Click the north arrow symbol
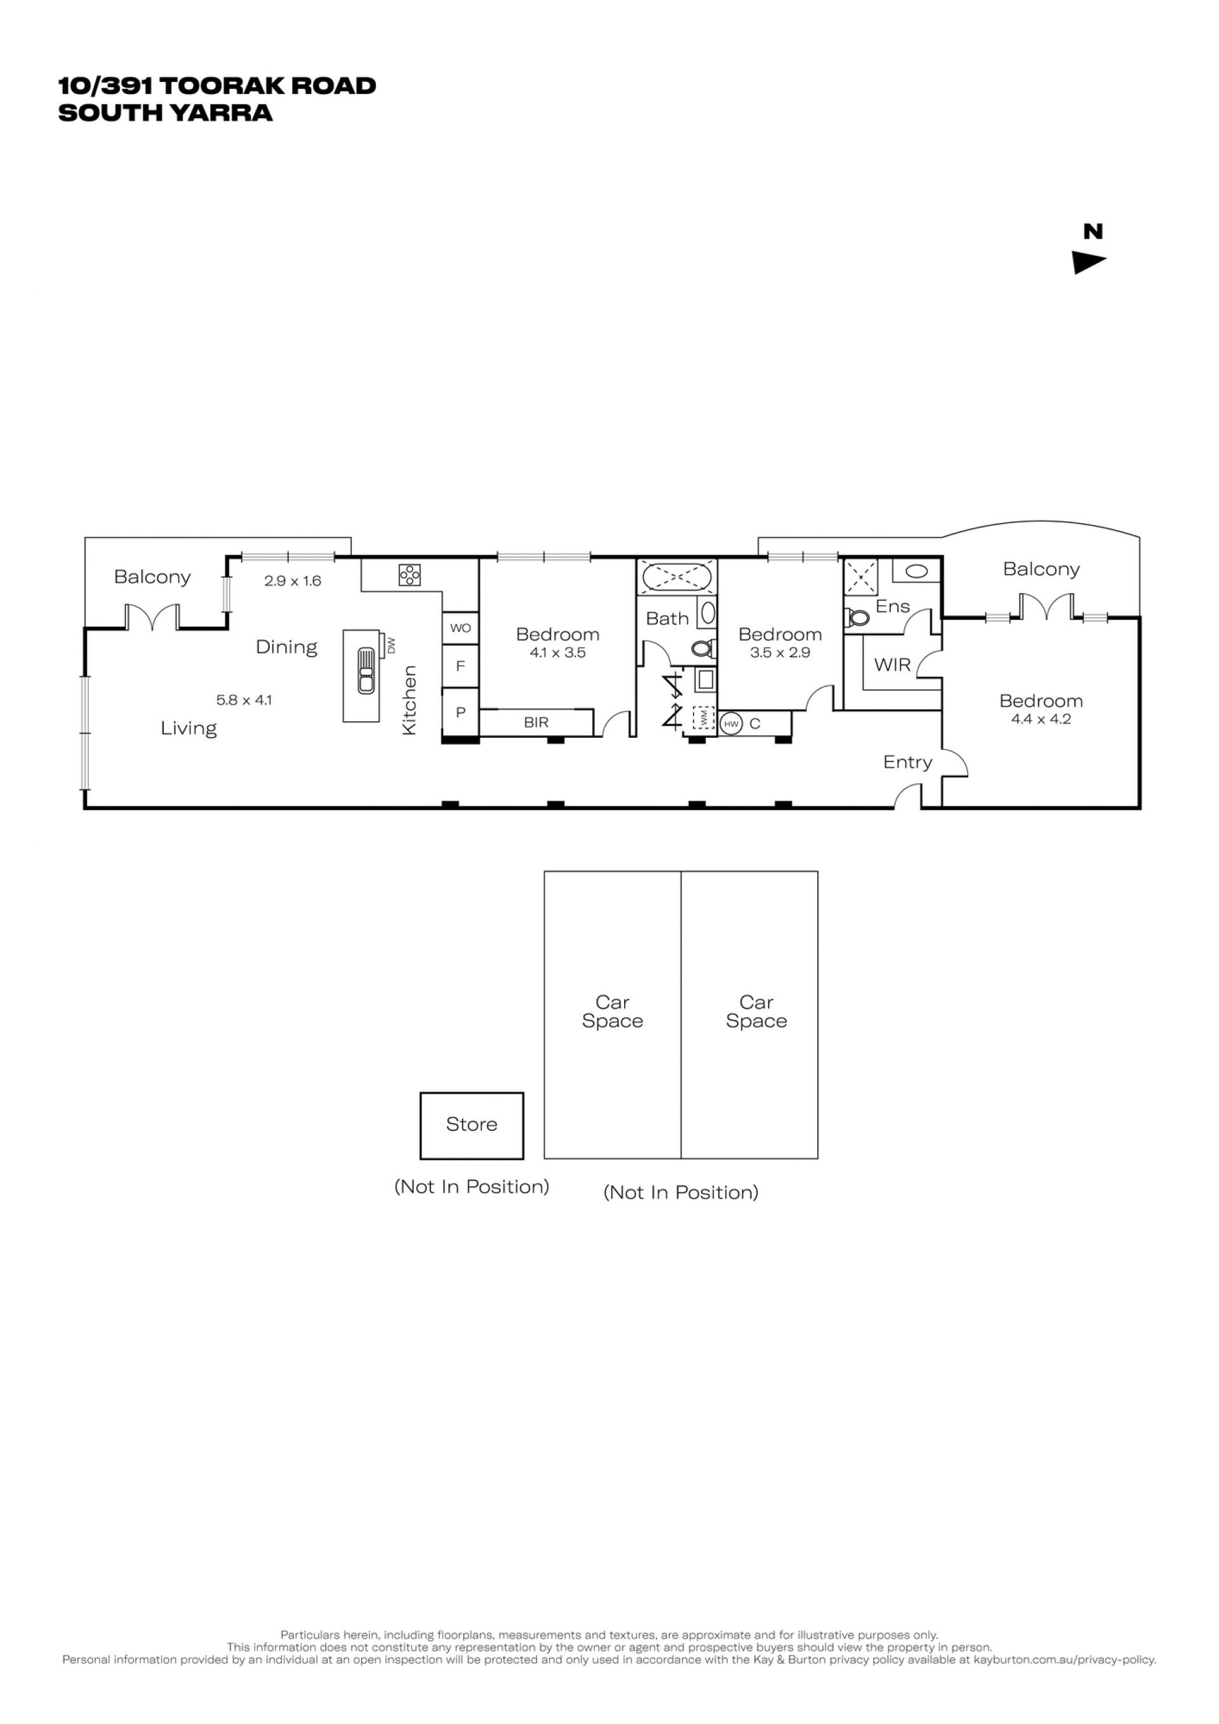(x=1088, y=263)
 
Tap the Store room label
(x=471, y=1124)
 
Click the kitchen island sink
(x=366, y=671)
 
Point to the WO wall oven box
(x=460, y=629)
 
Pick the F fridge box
(x=460, y=666)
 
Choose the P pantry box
(x=460, y=712)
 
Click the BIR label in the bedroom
(x=536, y=723)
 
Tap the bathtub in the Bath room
(x=676, y=578)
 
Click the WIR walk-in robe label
(x=893, y=665)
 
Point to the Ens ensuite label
(x=893, y=606)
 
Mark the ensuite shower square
(x=861, y=577)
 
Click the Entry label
(x=907, y=763)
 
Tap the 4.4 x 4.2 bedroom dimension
(x=1041, y=719)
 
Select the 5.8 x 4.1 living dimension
(x=244, y=700)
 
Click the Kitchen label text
(x=409, y=700)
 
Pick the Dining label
(x=287, y=647)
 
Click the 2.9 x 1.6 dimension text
(x=293, y=581)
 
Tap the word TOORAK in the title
(x=222, y=86)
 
